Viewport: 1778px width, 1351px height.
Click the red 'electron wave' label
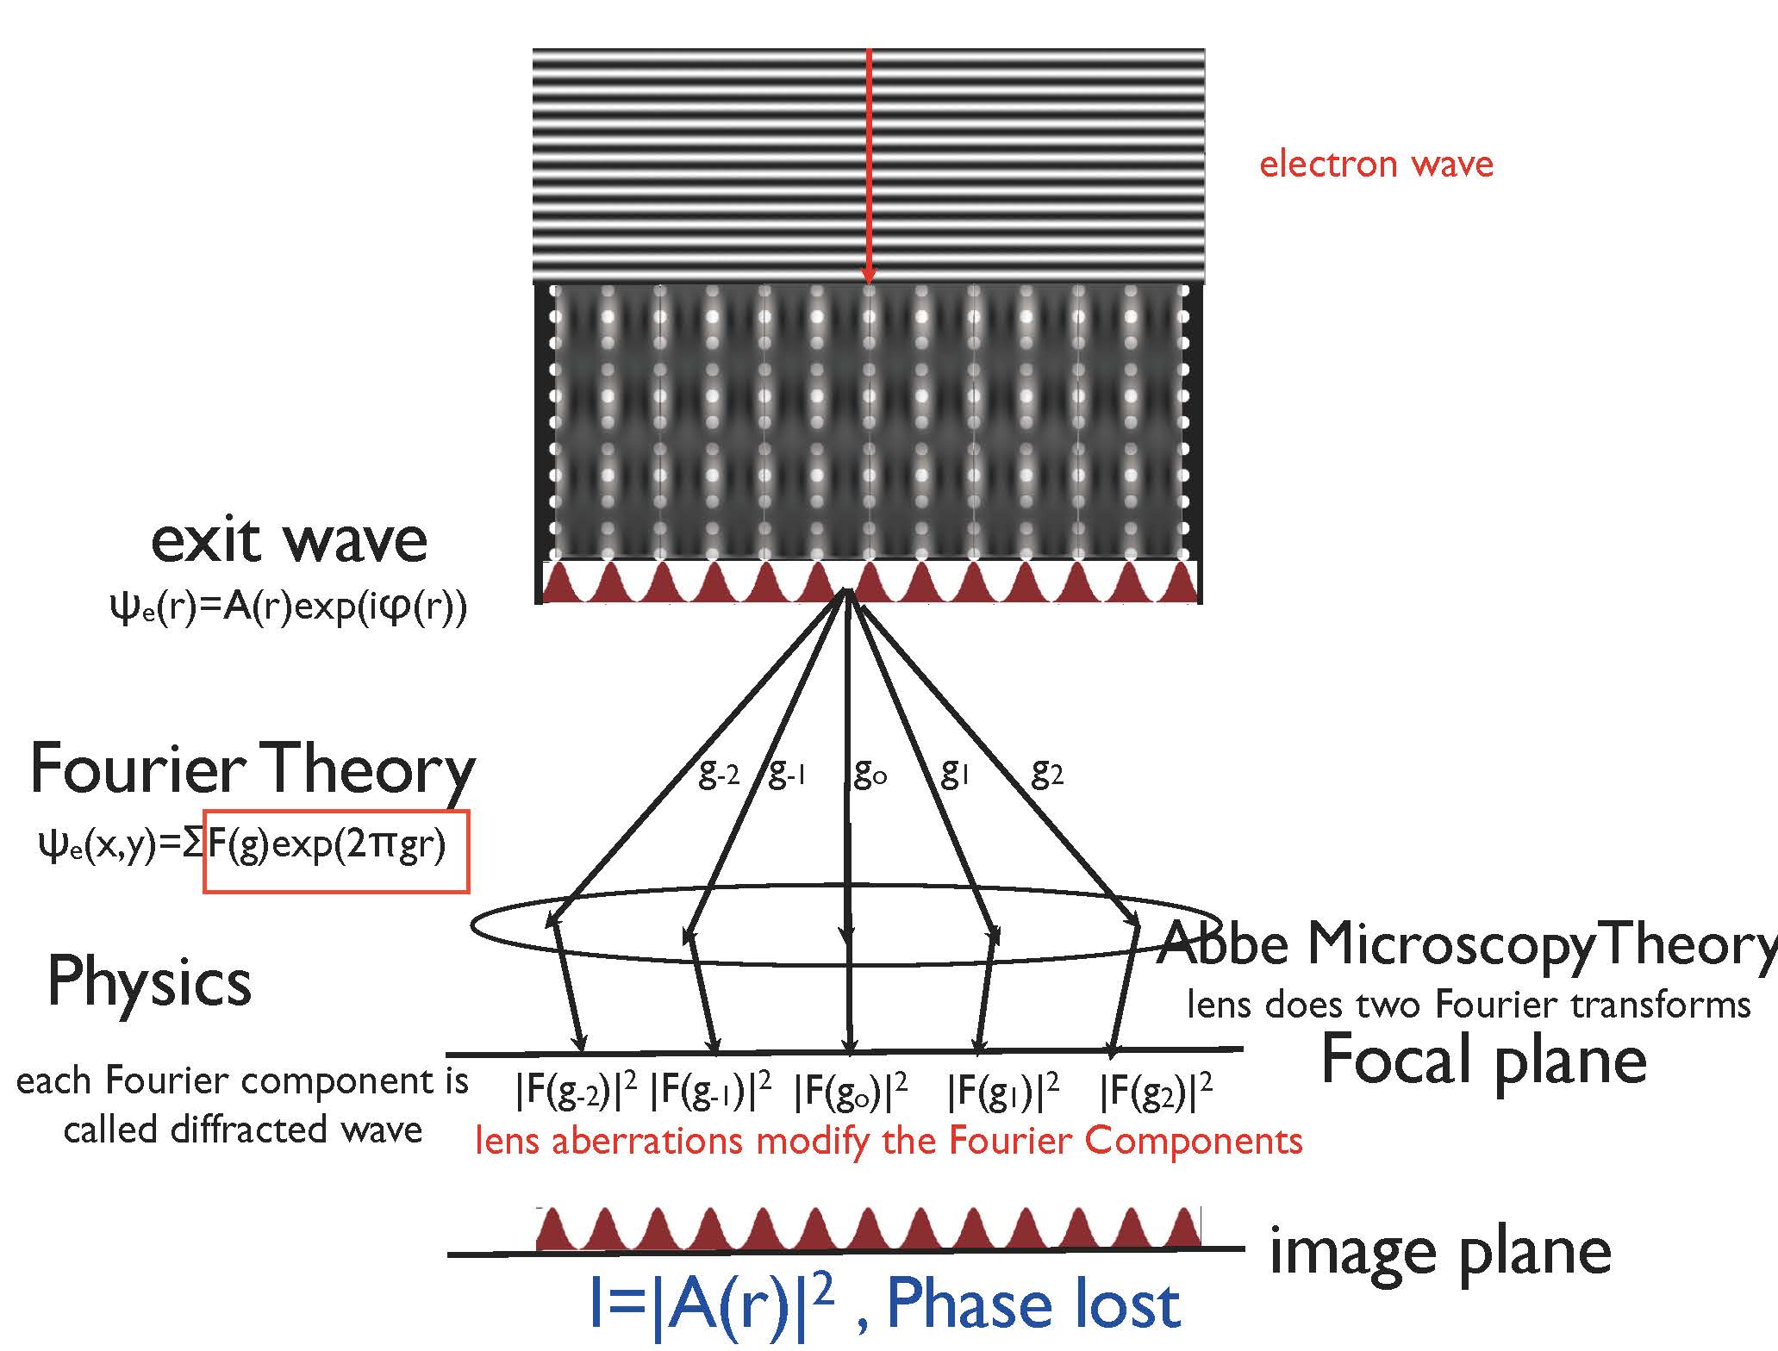(x=1376, y=164)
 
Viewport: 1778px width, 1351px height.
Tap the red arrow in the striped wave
(x=869, y=164)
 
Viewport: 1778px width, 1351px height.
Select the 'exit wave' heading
(x=289, y=541)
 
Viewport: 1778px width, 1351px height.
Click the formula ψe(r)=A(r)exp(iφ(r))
(x=289, y=607)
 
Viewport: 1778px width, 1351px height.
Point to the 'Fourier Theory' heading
(x=252, y=769)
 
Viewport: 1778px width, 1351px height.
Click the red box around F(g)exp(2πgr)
(x=336, y=851)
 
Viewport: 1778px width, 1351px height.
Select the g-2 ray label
(x=718, y=775)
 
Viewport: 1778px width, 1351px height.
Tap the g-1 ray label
(x=786, y=775)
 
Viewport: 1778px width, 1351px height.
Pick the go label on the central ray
(x=869, y=775)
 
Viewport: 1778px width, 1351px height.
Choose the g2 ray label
(x=1047, y=775)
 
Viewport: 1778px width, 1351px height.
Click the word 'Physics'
(x=149, y=981)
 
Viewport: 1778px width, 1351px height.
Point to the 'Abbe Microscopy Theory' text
(x=1465, y=944)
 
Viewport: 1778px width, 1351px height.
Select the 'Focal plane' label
(x=1482, y=1059)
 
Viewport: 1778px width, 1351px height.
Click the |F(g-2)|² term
(x=576, y=1092)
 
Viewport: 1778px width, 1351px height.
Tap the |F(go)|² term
(x=851, y=1092)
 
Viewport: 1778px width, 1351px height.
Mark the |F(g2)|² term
(x=1156, y=1092)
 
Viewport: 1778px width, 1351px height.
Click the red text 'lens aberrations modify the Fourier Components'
(x=889, y=1141)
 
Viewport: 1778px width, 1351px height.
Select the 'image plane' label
(x=1439, y=1251)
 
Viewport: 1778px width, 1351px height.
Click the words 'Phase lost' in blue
(x=1032, y=1305)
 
